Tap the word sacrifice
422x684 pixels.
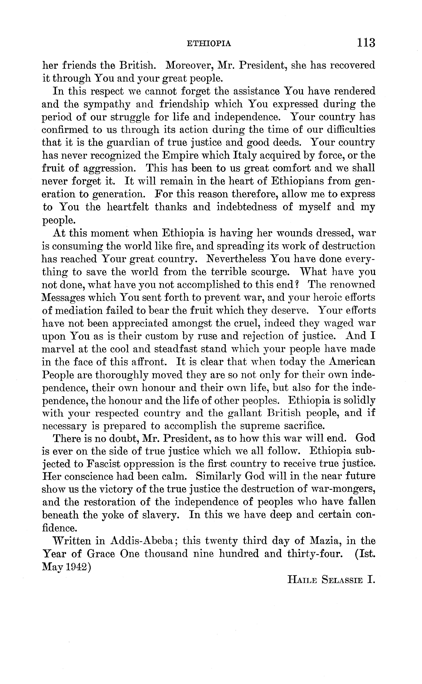[x=301, y=426]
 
